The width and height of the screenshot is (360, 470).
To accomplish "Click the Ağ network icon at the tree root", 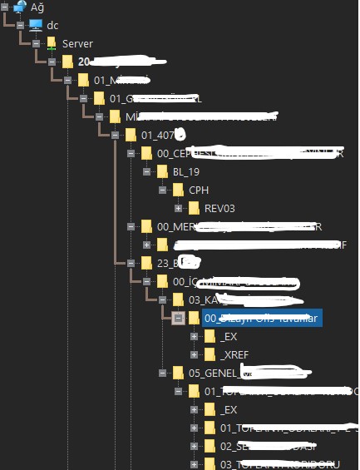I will [x=19, y=7].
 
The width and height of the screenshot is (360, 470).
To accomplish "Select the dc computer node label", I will [x=52, y=25].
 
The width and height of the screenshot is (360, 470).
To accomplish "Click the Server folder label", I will [x=77, y=43].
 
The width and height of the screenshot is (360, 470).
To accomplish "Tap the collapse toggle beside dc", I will [x=20, y=25].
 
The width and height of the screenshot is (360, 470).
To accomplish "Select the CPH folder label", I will [x=199, y=190].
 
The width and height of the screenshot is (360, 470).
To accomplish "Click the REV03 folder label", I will [x=220, y=208].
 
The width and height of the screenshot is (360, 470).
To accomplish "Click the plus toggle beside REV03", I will [x=178, y=208].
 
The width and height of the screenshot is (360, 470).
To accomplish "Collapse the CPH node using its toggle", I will [x=163, y=190].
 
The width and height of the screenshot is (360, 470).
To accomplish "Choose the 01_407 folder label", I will [x=157, y=135].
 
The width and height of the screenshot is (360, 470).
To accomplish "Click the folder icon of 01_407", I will [x=130, y=135].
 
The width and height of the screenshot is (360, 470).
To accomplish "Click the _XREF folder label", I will [x=234, y=354].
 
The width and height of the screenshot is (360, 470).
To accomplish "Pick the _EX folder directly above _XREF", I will [x=229, y=336].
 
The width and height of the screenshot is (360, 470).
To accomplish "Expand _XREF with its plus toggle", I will [x=194, y=354].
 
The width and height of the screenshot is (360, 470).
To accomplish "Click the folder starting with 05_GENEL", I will [x=214, y=373].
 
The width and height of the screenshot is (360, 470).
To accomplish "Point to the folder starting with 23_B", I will [x=166, y=263].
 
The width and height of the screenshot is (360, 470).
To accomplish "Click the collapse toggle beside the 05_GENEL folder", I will [x=162, y=373].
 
